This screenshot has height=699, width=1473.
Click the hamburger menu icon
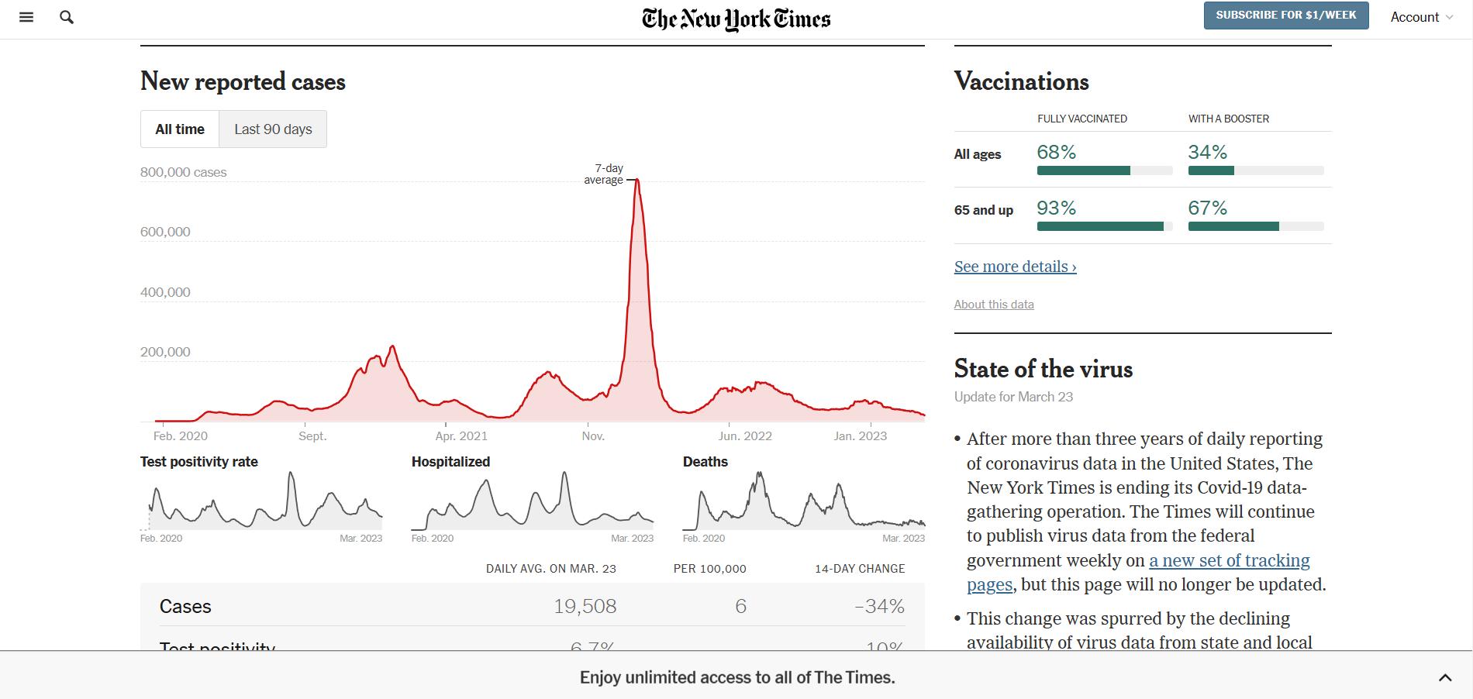[26, 17]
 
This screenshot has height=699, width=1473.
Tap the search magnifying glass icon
[67, 17]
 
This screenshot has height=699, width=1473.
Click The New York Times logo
[736, 19]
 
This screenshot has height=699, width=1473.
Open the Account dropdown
[1421, 17]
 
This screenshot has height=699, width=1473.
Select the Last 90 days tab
[273, 129]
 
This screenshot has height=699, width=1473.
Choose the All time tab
[180, 129]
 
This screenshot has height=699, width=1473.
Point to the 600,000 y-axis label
[165, 232]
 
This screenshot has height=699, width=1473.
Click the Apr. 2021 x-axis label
[461, 436]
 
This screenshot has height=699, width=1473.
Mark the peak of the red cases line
[636, 181]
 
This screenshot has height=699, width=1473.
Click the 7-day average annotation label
[604, 174]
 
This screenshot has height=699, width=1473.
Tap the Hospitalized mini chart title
[450, 462]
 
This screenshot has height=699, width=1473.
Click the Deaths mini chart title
[705, 462]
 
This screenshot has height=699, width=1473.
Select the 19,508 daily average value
[585, 606]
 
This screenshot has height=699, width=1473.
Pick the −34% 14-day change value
[879, 606]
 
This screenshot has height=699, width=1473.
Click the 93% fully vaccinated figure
[1056, 208]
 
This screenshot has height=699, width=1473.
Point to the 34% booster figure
[1207, 153]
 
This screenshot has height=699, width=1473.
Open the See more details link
[1015, 267]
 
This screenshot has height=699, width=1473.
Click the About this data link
[994, 305]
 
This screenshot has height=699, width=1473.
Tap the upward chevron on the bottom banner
[1445, 678]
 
